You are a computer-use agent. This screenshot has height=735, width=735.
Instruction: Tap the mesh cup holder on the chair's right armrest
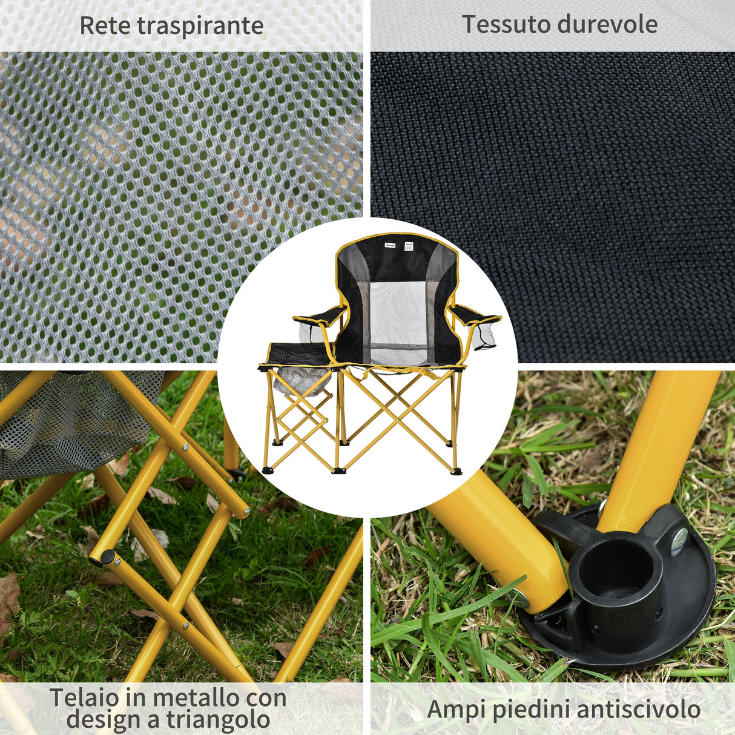point(484,337)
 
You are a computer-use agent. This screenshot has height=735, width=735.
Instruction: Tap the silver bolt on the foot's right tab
point(679,538)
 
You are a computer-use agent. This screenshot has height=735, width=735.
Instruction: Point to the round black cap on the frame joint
point(107,556)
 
